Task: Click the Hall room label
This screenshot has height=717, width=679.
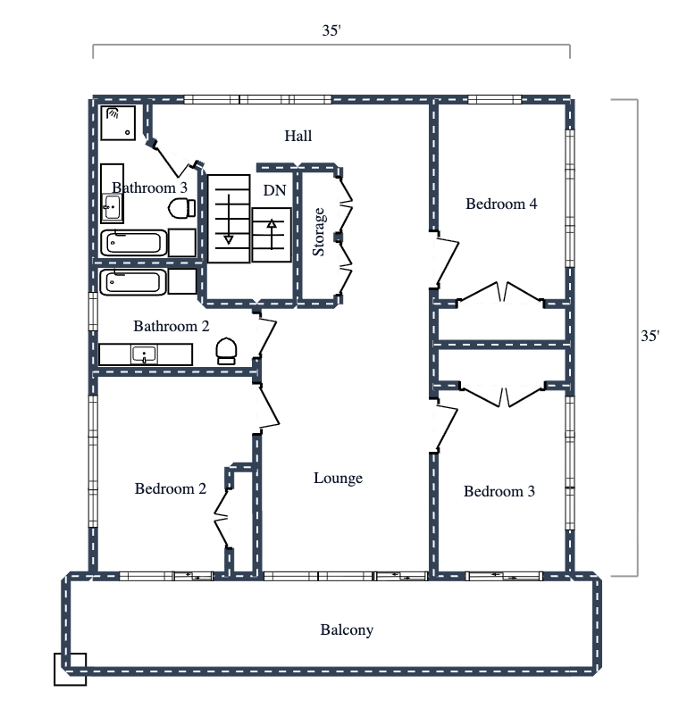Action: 298,136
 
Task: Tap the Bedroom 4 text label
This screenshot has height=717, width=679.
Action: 501,204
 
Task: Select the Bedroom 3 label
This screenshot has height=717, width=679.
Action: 499,491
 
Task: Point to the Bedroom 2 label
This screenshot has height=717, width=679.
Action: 171,488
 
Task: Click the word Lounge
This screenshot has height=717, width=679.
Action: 338,478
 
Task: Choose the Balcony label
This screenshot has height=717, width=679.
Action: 347,629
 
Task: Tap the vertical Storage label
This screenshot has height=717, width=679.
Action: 319,232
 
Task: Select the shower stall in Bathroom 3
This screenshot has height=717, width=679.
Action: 121,123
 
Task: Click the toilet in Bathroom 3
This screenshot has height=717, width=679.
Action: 181,208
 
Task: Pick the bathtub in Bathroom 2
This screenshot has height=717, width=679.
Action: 132,282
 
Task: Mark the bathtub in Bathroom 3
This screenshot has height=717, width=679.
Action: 132,242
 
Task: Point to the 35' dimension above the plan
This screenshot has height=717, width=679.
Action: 331,30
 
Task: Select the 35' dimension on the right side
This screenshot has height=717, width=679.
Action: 650,336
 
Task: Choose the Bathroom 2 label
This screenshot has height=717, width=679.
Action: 171,326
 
